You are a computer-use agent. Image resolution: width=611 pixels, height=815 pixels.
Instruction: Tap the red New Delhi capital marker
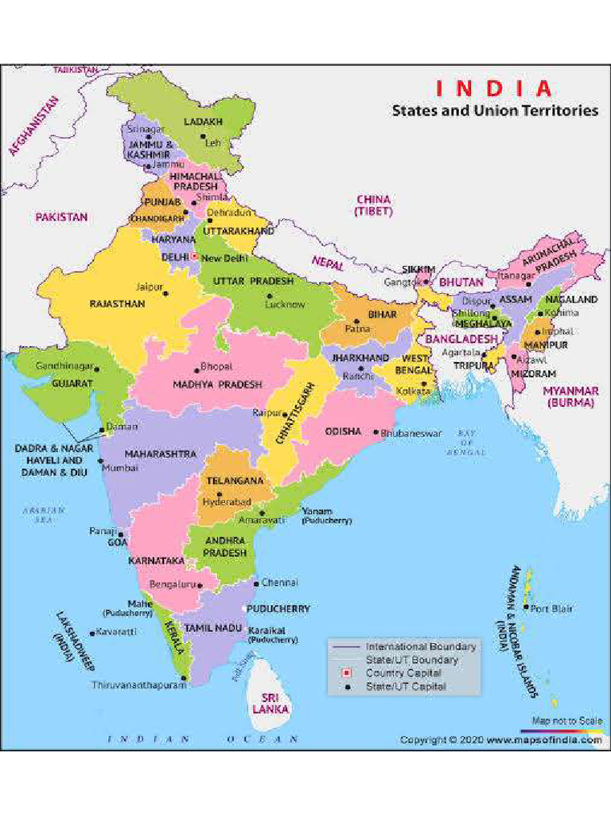193,257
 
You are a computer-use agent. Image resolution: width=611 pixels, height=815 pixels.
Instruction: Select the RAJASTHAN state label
117,304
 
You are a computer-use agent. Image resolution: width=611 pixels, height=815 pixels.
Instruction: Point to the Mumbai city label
120,469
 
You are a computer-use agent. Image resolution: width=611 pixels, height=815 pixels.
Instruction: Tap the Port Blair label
551,609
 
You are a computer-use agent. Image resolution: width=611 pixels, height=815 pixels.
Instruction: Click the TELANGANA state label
235,482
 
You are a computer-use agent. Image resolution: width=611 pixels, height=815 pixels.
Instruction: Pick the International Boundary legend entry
421,646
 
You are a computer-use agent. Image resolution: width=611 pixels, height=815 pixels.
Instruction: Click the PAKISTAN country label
61,216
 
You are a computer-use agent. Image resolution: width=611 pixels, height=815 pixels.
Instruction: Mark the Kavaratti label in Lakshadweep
117,632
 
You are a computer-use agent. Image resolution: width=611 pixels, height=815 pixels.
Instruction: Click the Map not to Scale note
566,721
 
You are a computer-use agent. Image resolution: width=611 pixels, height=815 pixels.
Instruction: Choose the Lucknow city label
286,304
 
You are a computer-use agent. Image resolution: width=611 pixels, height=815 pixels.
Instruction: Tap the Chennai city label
279,583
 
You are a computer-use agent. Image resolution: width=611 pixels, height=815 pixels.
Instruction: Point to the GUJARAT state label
72,383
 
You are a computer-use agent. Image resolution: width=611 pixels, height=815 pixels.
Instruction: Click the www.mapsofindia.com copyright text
544,740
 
